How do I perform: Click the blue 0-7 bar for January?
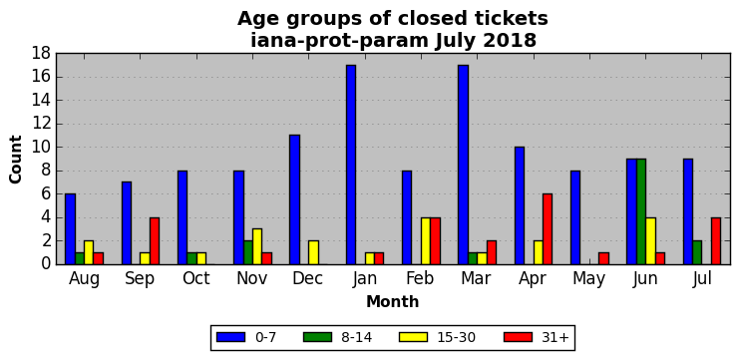point(351,165)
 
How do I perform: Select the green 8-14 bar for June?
point(641,211)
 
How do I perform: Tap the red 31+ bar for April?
point(548,229)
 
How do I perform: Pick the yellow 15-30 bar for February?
point(426,240)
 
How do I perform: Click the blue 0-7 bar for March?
point(464,165)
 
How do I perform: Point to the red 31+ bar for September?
point(155,240)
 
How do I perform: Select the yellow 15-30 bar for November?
point(257,246)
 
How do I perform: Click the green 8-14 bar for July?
point(697,252)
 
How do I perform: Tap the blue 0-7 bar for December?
point(294,199)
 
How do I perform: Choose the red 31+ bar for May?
point(603,258)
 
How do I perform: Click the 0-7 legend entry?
point(245,337)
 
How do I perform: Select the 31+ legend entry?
point(538,337)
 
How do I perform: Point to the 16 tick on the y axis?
point(57,77)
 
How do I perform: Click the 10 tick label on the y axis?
point(41,148)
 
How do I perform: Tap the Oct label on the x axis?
point(196,278)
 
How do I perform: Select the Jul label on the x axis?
point(702,278)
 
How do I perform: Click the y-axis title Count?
point(16,160)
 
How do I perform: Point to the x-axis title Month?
point(393,301)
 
